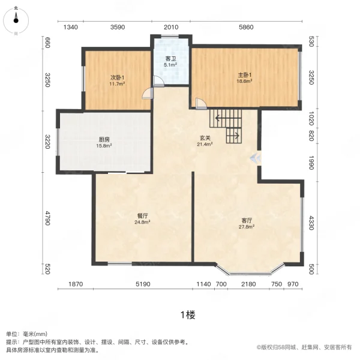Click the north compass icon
[16, 20]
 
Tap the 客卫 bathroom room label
[170, 59]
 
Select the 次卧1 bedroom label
[117, 77]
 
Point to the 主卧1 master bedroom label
[245, 75]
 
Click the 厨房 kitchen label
[104, 139]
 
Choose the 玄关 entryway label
[205, 138]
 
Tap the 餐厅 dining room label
[142, 216]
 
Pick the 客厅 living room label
[247, 221]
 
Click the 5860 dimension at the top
[246, 28]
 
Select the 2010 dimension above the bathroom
[171, 28]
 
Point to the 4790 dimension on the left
[47, 218]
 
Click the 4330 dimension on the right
[311, 223]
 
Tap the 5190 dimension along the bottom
[143, 284]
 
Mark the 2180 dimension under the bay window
[248, 284]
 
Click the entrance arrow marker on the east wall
[256, 158]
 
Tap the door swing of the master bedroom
[201, 103]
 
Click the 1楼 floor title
[188, 315]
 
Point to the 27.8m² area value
[247, 227]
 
